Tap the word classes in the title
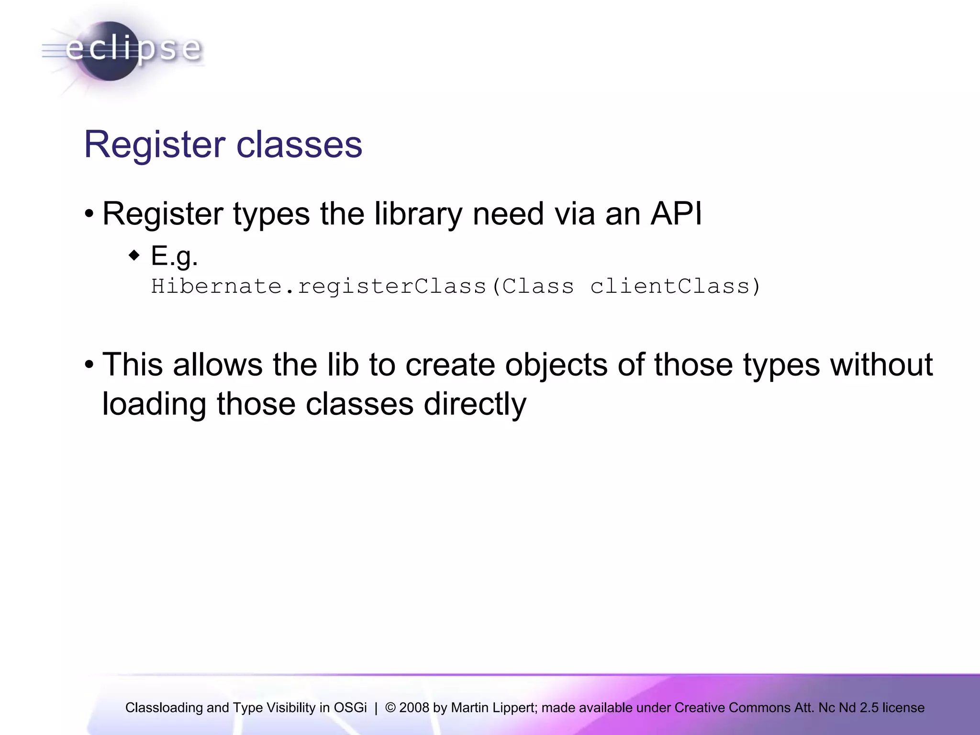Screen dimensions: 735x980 [x=300, y=145]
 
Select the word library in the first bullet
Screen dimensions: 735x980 [x=418, y=213]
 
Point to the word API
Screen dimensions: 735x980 [x=676, y=213]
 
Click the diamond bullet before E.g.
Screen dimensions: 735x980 [x=134, y=255]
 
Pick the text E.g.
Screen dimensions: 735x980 [x=174, y=256]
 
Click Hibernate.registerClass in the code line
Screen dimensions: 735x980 [x=319, y=286]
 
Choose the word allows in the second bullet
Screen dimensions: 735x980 [x=218, y=365]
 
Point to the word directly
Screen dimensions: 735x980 [x=475, y=404]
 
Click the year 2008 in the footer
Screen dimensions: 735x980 [x=414, y=708]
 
